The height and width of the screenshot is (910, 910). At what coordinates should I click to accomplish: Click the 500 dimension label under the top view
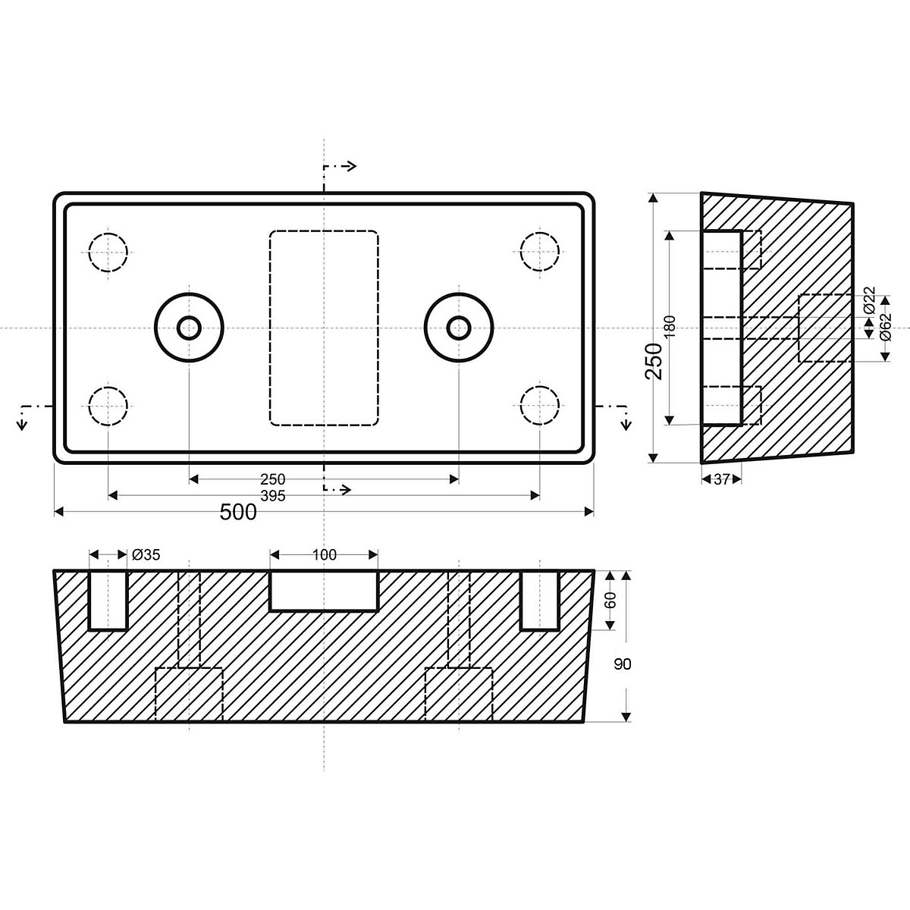[x=238, y=513]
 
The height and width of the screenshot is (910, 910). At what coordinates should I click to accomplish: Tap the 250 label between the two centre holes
[x=272, y=479]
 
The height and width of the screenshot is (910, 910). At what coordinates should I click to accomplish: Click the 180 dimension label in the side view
[x=669, y=327]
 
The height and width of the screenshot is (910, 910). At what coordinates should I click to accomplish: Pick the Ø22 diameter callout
[x=869, y=302]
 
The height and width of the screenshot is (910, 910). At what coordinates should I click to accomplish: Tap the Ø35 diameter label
[x=146, y=555]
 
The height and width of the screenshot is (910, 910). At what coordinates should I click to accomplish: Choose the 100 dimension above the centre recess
[x=324, y=555]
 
